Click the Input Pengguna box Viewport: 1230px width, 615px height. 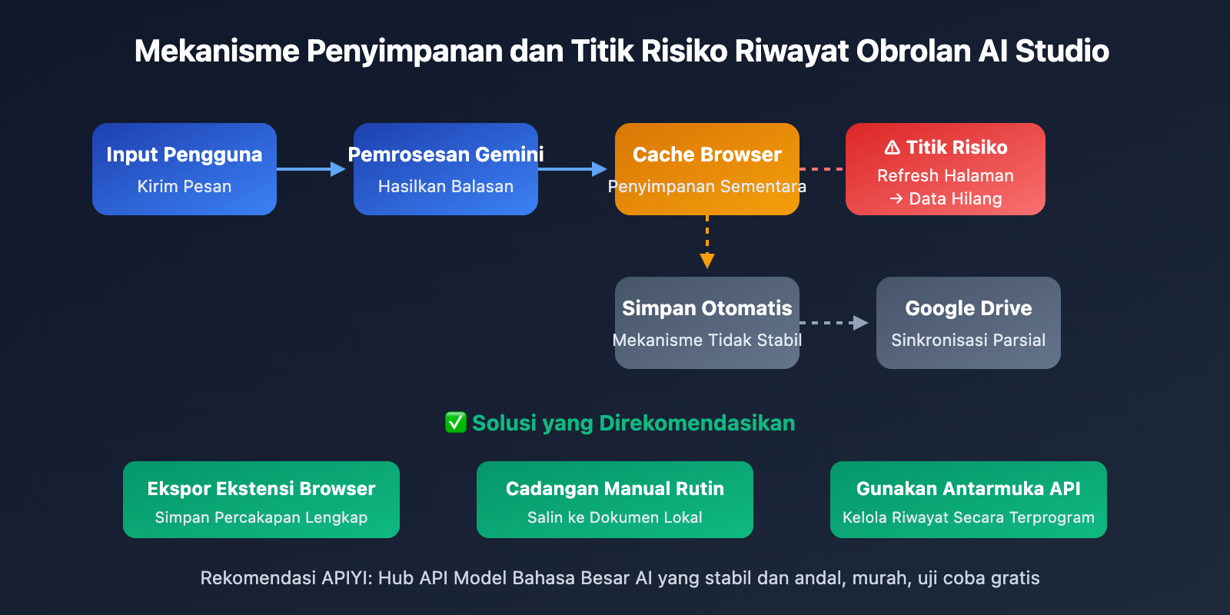pyautogui.click(x=184, y=169)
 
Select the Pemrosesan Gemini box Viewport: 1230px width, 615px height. pyautogui.click(x=446, y=169)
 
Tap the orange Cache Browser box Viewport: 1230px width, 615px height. pyautogui.click(x=707, y=169)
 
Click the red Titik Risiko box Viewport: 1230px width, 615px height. pyautogui.click(x=946, y=169)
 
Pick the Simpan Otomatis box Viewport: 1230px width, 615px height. pyautogui.click(x=707, y=323)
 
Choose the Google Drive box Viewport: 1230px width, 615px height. pyautogui.click(x=969, y=323)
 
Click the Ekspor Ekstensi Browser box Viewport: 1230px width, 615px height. pyautogui.click(x=261, y=500)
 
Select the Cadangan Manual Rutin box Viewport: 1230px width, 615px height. pyautogui.click(x=615, y=500)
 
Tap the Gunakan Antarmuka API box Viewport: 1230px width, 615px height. pyautogui.click(x=969, y=500)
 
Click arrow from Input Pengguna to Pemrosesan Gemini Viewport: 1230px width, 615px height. pyautogui.click(x=311, y=169)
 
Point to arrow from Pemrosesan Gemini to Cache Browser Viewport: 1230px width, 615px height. pyautogui.click(x=573, y=169)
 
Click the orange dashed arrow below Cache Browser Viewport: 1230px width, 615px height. pyautogui.click(x=707, y=242)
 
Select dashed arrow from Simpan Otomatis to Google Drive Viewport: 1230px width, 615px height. pyautogui.click(x=834, y=323)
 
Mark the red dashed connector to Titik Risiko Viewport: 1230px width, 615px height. pyautogui.click(x=823, y=169)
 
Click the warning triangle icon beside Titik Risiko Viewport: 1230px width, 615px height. pyautogui.click(x=893, y=148)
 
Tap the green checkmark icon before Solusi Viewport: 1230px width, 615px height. pyautogui.click(x=456, y=422)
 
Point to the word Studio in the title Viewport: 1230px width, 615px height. pyautogui.click(x=1062, y=51)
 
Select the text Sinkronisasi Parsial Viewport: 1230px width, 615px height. pyautogui.click(x=969, y=340)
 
